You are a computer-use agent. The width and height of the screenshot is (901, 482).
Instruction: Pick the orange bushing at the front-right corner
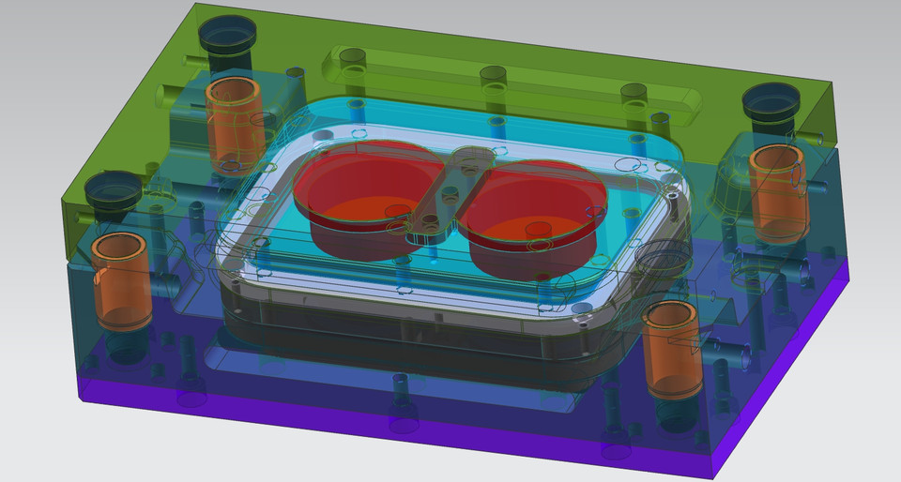tap(672, 346)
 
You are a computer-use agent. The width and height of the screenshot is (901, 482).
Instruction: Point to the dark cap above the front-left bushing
tap(113, 191)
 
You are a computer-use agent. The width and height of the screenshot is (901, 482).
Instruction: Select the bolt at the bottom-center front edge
tap(404, 417)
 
